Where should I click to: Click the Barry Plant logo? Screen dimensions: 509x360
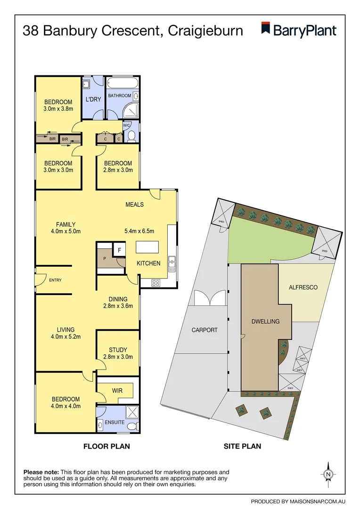point(299,31)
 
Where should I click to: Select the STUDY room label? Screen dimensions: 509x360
point(118,350)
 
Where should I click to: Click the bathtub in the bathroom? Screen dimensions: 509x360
point(122,84)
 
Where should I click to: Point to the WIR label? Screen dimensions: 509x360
point(117,391)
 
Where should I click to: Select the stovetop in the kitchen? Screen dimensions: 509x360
point(155,283)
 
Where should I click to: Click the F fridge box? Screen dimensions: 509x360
point(120,250)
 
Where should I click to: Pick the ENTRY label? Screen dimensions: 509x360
point(55,280)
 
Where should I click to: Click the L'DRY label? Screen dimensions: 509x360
point(93,99)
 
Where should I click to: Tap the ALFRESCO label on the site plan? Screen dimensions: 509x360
point(303,287)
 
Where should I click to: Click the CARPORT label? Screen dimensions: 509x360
point(205,330)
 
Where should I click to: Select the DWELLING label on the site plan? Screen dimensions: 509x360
point(265,321)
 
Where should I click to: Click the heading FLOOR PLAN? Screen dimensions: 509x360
point(106,446)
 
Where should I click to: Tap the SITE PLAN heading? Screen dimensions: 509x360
point(242,446)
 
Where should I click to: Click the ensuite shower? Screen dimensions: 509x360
point(132,412)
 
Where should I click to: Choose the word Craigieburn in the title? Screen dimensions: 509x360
point(205,31)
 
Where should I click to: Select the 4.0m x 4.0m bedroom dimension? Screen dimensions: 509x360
point(58,406)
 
